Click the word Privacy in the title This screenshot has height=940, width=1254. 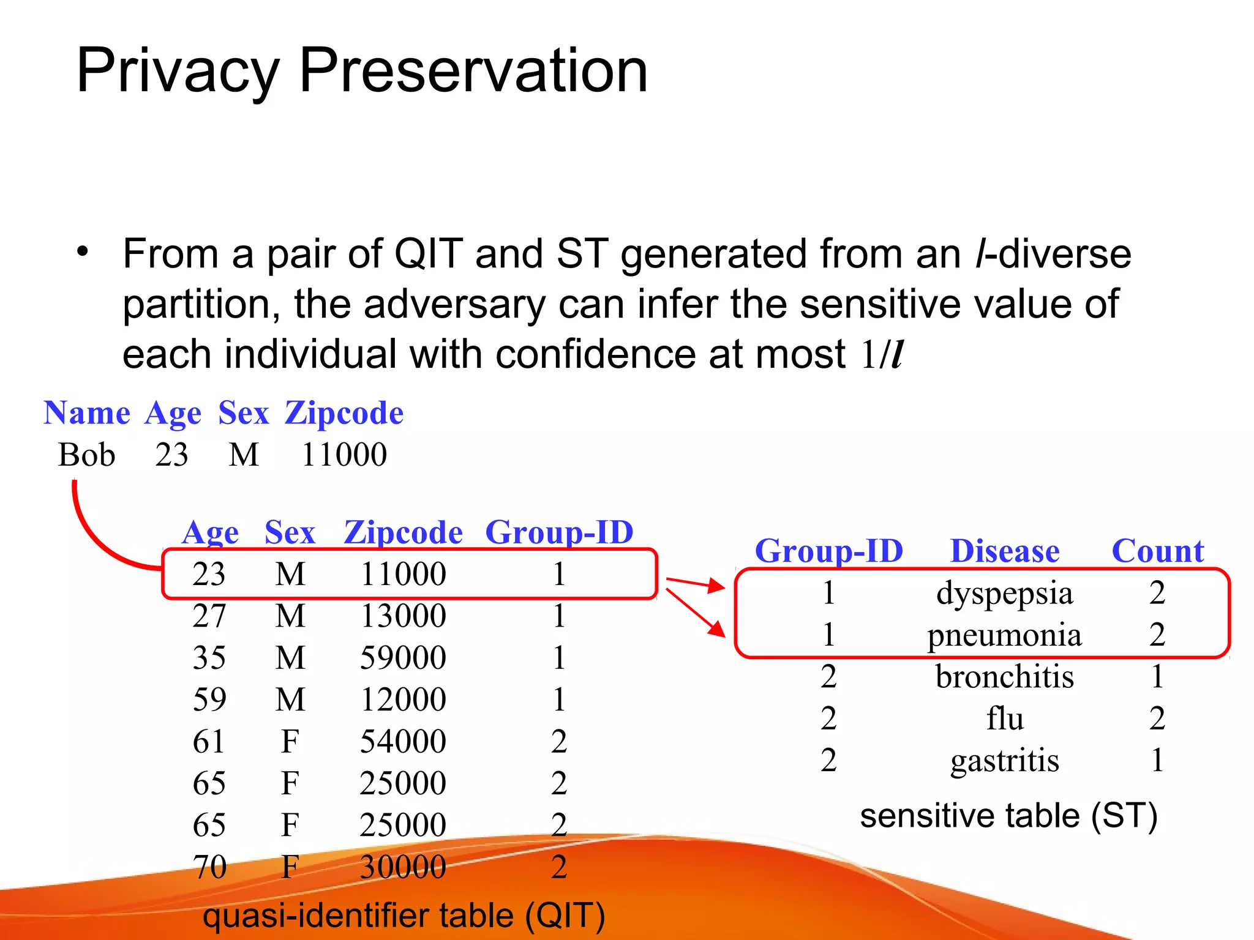(x=178, y=72)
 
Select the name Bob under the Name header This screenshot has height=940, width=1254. (x=86, y=455)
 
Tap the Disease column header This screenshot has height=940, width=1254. (x=1004, y=551)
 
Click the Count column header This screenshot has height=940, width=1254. (x=1157, y=551)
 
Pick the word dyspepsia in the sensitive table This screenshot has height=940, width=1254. (x=1004, y=594)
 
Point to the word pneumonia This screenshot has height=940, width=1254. (x=1004, y=635)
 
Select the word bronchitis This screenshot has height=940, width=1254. (x=1004, y=677)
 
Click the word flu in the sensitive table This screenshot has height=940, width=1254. (x=1004, y=718)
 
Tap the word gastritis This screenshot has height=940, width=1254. (x=1004, y=761)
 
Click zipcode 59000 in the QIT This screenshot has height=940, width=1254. (x=403, y=658)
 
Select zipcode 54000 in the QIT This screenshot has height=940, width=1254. (x=403, y=742)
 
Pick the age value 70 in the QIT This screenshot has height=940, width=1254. (x=209, y=867)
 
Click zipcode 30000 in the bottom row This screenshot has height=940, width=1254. (x=403, y=867)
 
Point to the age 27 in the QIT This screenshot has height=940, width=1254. (x=209, y=616)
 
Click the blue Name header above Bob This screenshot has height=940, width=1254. (x=87, y=413)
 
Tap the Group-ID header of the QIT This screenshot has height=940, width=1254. (x=559, y=532)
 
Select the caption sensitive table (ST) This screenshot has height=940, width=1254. (x=1008, y=816)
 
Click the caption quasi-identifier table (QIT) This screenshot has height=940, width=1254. (x=404, y=916)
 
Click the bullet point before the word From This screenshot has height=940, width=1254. (x=83, y=252)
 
